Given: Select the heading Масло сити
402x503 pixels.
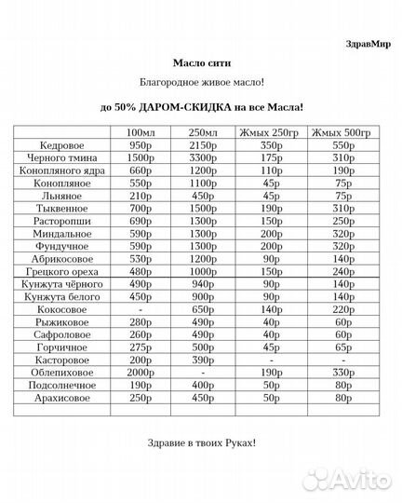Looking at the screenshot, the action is point(201,61).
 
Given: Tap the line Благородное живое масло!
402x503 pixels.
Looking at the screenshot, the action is point(201,84).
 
